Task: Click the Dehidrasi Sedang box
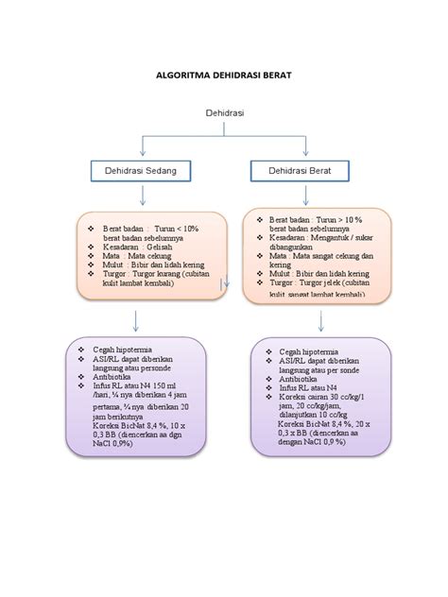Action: (141, 171)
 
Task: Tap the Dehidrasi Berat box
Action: (302, 171)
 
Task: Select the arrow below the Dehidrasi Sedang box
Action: (141, 196)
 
